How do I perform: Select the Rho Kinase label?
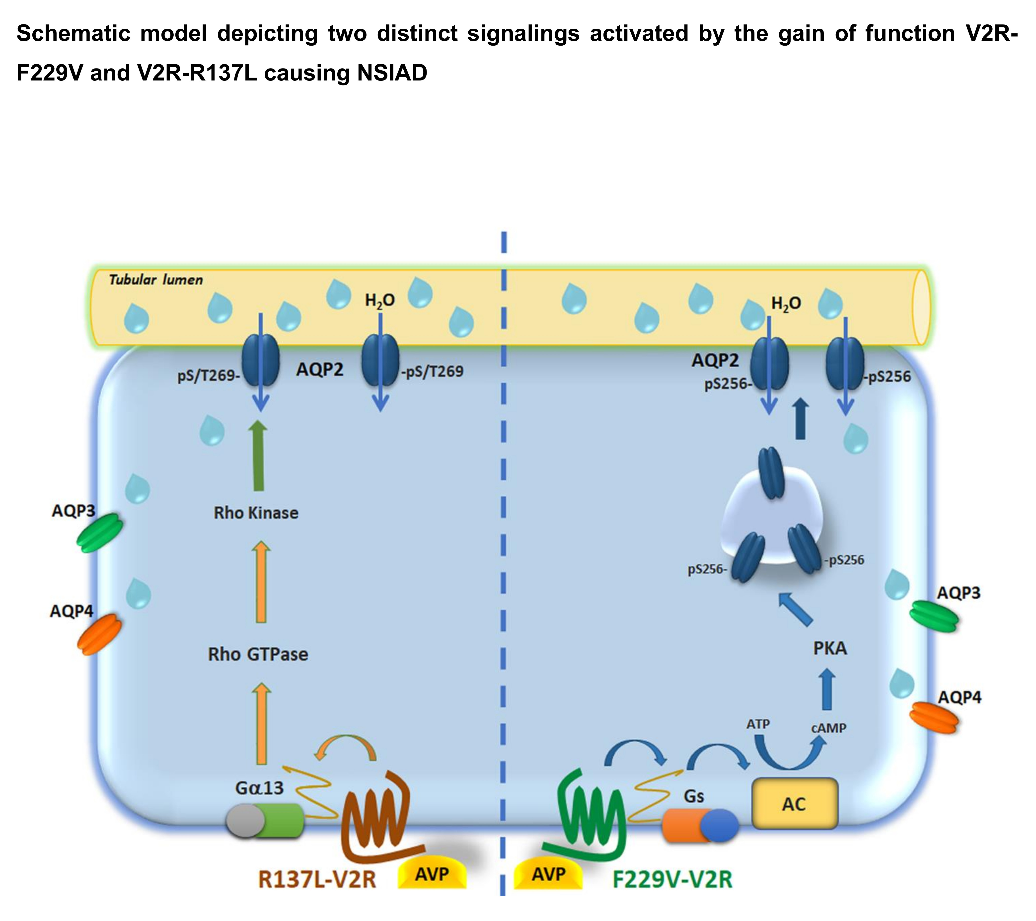[x=256, y=513]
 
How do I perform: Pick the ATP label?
[x=758, y=724]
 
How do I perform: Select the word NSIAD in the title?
[x=392, y=73]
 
